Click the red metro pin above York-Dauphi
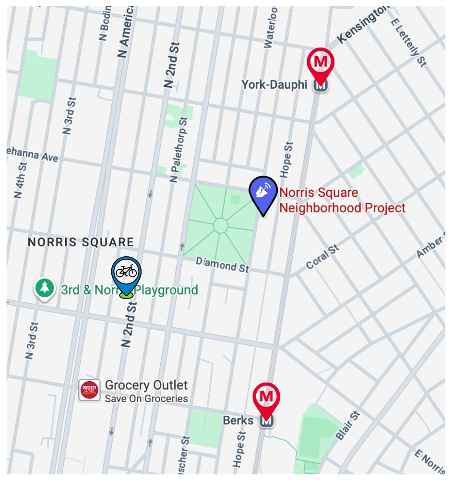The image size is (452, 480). click(x=321, y=62)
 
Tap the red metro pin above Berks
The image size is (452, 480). click(x=266, y=397)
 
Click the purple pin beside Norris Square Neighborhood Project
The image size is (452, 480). click(x=263, y=192)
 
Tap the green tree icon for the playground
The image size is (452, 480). click(x=45, y=288)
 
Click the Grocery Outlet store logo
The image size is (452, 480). click(x=90, y=390)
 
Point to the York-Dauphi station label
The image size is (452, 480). click(x=274, y=85)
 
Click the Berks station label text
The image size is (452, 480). click(x=238, y=420)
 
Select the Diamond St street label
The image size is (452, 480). click(x=222, y=264)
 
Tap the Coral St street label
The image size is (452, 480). click(x=322, y=257)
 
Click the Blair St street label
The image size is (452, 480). click(x=348, y=425)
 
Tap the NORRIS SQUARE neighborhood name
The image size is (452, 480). click(x=81, y=242)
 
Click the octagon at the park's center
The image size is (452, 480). click(x=221, y=226)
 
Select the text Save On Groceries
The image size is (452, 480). click(x=146, y=398)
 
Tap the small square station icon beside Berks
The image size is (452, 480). click(x=266, y=421)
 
